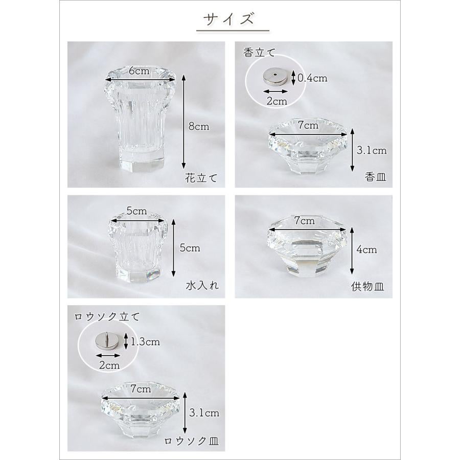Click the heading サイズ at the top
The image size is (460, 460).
(x=228, y=19)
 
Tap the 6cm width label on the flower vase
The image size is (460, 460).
(x=139, y=71)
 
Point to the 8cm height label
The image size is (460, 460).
(x=199, y=126)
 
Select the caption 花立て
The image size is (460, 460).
(x=201, y=178)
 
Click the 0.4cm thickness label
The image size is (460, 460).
(x=312, y=78)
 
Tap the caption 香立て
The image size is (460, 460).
(x=259, y=53)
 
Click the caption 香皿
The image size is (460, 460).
(x=376, y=177)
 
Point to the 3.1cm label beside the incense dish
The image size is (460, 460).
(x=372, y=150)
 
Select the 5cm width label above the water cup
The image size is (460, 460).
(x=136, y=211)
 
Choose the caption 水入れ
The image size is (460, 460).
(x=202, y=285)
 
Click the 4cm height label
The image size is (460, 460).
(x=366, y=249)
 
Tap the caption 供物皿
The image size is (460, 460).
(x=367, y=286)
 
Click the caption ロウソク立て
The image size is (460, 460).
(x=107, y=317)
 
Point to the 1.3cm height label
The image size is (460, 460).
(x=145, y=342)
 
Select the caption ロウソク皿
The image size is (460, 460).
(x=191, y=441)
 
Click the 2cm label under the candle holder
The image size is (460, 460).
(x=109, y=365)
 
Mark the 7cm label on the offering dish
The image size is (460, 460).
(x=305, y=220)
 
